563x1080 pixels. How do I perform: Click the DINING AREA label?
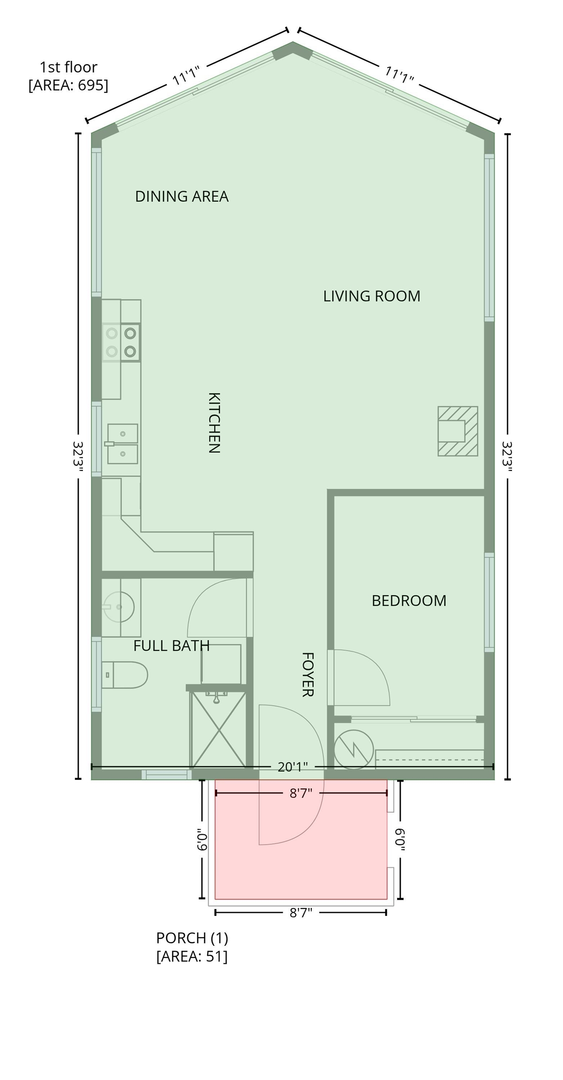181,196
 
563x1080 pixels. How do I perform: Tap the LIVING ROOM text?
371,296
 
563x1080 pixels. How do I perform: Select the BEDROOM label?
409,600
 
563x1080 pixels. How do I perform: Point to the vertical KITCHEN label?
214,423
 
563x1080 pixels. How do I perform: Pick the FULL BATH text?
171,646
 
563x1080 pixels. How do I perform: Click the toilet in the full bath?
124,675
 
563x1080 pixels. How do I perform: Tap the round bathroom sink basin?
119,607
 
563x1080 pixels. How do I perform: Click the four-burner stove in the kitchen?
121,342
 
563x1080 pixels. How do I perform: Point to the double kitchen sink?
122,444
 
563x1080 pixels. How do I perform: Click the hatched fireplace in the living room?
458,431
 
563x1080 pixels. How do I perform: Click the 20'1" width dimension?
293,767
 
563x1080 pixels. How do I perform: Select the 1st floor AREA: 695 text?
68,76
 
